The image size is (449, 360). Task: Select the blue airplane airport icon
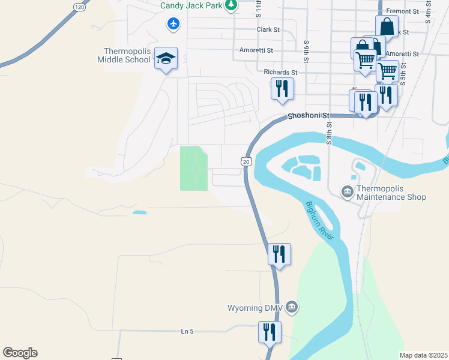(x=174, y=24)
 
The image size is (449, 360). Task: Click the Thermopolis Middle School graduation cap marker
(x=166, y=59)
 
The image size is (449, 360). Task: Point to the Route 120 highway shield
(x=79, y=7)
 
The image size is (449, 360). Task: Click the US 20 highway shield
(x=246, y=161)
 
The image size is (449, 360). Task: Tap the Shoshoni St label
(x=309, y=115)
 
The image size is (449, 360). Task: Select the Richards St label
(x=280, y=73)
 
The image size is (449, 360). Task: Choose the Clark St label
(x=268, y=29)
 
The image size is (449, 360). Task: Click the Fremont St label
(x=402, y=11)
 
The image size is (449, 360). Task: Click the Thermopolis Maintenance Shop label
(x=391, y=193)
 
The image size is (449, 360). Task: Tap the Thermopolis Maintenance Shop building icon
(x=347, y=192)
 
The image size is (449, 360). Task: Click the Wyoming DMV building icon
(x=292, y=308)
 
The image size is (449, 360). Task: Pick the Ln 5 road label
(x=188, y=331)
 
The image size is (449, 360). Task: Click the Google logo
(x=20, y=353)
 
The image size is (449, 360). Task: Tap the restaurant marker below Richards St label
(x=281, y=89)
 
